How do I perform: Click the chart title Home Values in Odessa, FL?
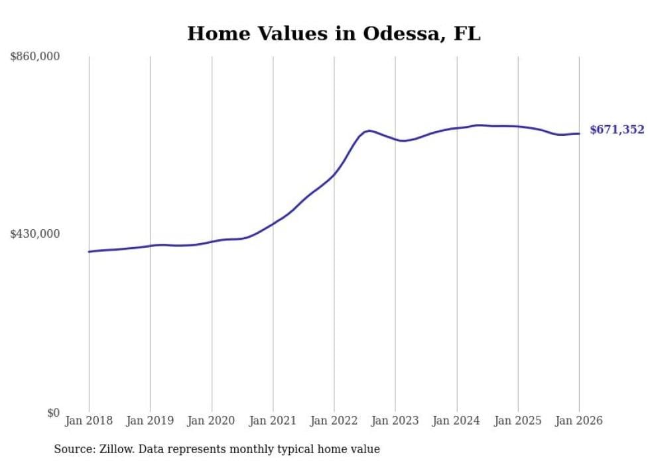coord(334,33)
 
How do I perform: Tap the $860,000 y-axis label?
coord(34,57)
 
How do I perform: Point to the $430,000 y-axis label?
coord(34,234)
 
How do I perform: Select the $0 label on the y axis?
coord(53,413)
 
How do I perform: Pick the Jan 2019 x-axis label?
coord(150,421)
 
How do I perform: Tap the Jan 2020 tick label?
coord(212,421)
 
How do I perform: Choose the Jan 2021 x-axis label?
coord(273,421)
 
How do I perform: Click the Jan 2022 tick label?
coord(334,421)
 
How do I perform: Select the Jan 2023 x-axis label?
coord(395,421)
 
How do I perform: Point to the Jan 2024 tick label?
coord(457,421)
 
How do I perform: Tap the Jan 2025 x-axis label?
coord(518,421)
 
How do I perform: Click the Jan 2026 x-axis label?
coord(579,421)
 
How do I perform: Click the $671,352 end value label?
coord(617,130)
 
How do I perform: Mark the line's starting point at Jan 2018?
coord(89,252)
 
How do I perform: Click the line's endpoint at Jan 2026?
coord(579,134)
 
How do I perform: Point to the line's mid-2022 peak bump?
coord(369,130)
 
